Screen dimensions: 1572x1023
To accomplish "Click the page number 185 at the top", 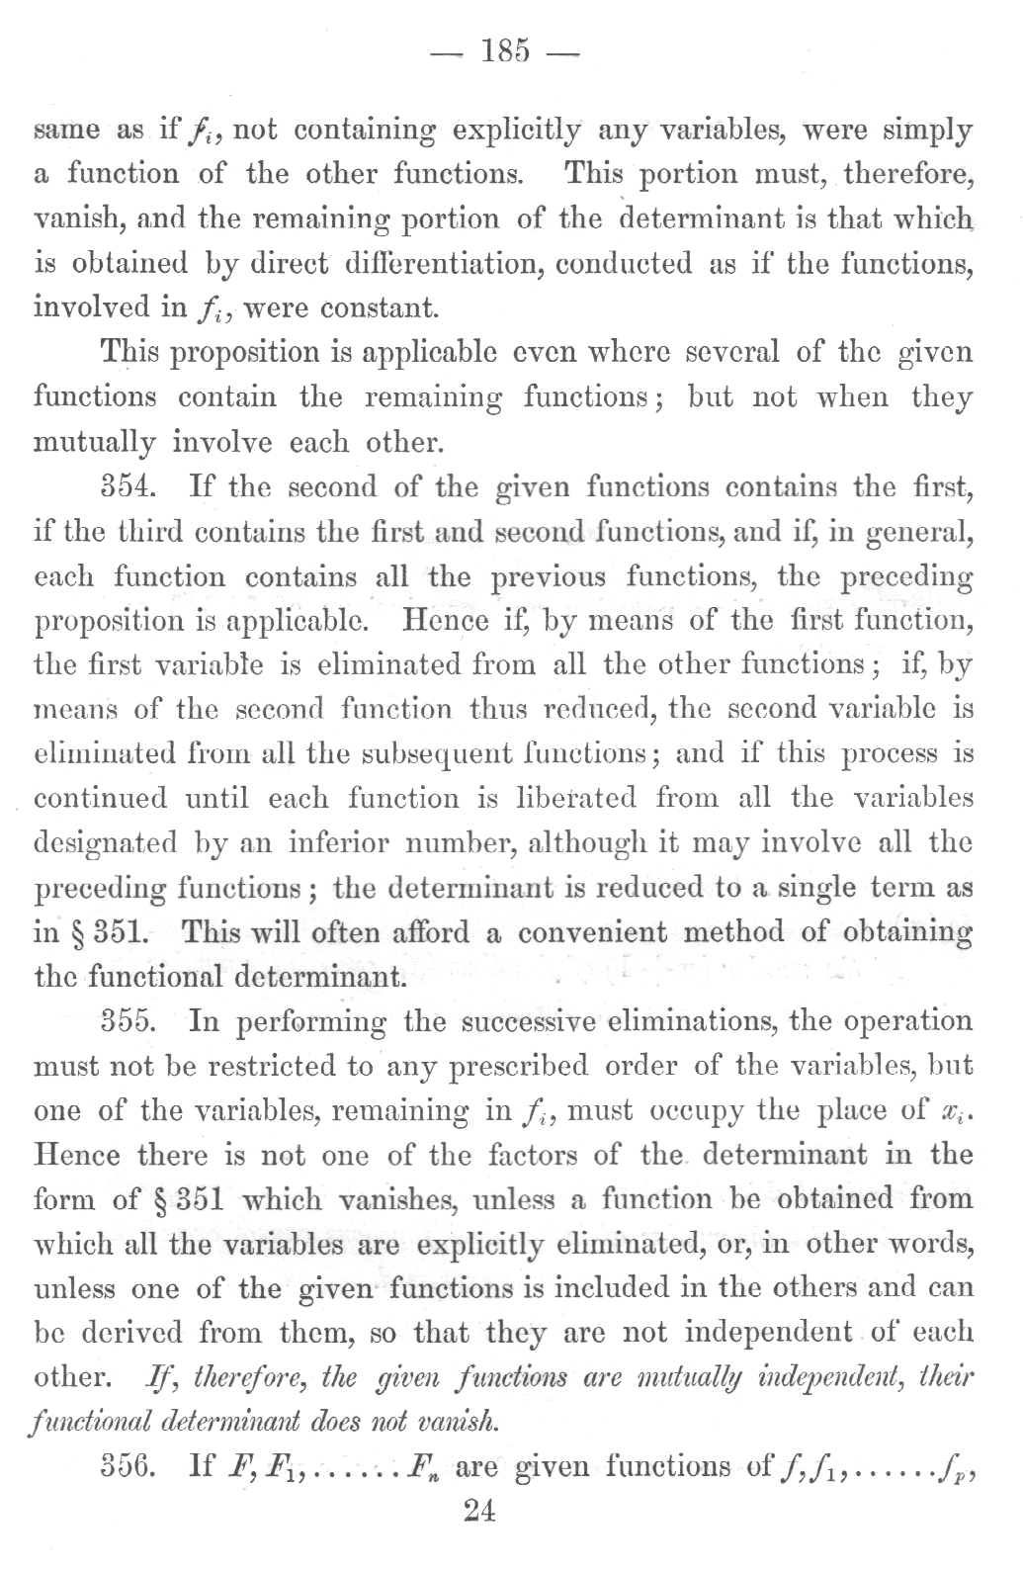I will (x=503, y=48).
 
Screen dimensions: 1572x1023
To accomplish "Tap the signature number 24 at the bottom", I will (x=478, y=1513).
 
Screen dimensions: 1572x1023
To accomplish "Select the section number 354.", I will (x=131, y=487).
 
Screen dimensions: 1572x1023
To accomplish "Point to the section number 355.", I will (x=131, y=1021).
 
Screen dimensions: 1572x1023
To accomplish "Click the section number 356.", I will (x=131, y=1466).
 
